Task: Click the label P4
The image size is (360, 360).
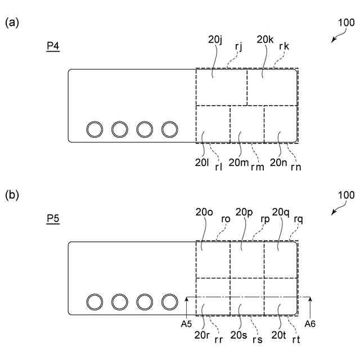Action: point(53,46)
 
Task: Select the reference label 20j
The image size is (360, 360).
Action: point(215,39)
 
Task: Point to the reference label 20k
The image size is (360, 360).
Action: point(265,39)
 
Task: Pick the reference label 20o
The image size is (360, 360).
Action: point(204,212)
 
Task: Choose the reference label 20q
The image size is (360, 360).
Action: point(281,212)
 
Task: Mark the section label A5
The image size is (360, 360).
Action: point(186,324)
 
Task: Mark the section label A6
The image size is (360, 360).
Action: point(310,324)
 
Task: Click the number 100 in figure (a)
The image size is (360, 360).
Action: point(346,23)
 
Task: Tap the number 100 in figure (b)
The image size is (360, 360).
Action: point(346,196)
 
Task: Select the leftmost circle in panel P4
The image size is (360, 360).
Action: point(94,130)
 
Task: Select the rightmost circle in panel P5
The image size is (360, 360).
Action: point(170,303)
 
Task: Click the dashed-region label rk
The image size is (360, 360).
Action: point(284,46)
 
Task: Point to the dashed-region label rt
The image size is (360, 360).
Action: point(296,339)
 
